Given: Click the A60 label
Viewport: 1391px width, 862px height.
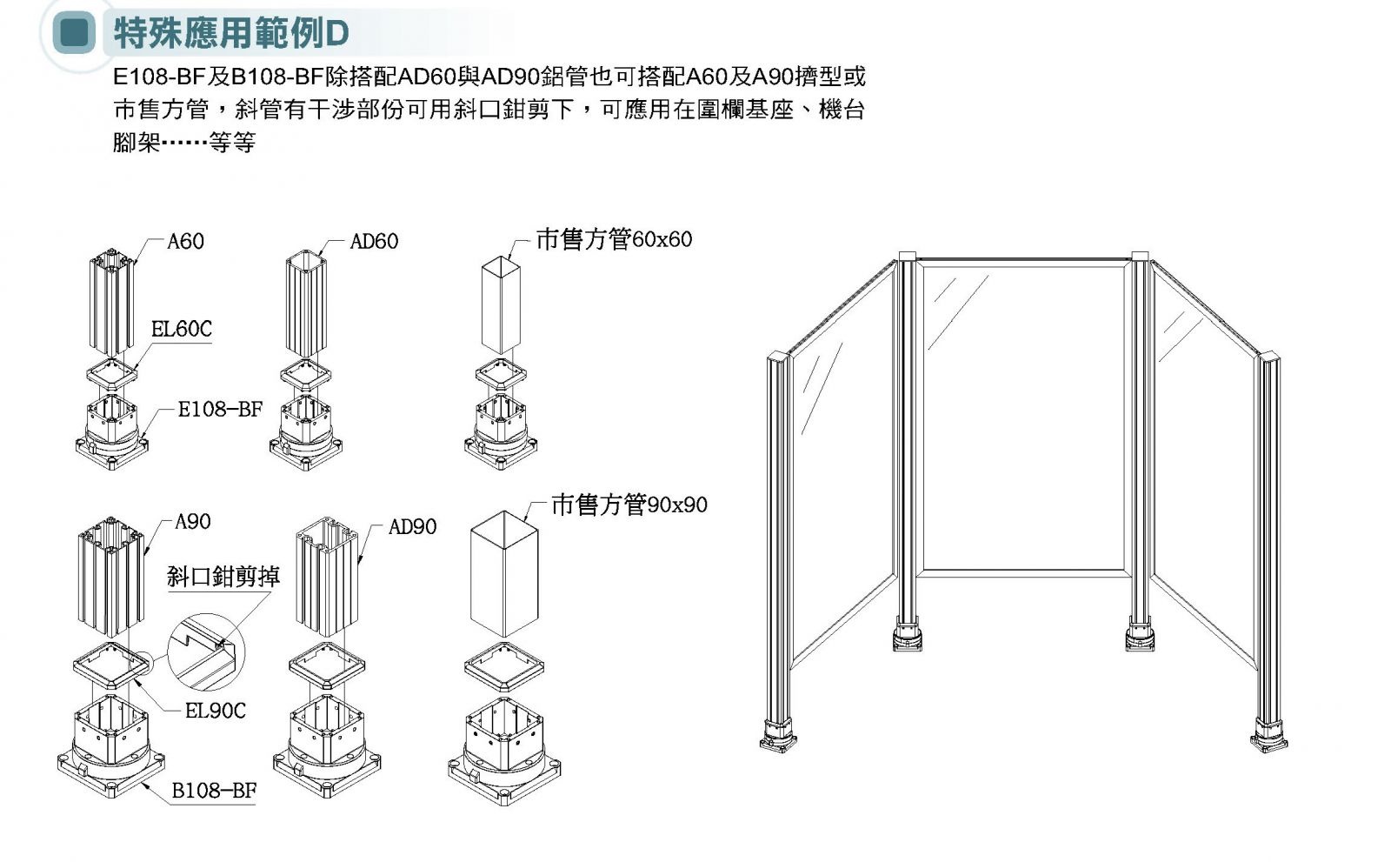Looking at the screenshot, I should (185, 241).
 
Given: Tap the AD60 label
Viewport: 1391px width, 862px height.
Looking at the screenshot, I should (374, 241).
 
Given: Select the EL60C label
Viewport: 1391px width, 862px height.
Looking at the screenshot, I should (181, 329).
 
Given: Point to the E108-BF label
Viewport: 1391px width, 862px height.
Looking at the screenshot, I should (219, 409).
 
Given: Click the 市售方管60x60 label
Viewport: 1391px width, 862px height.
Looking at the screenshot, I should (614, 238).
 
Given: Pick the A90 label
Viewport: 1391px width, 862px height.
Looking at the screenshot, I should (192, 521).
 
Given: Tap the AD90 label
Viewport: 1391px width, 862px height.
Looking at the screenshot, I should (412, 526).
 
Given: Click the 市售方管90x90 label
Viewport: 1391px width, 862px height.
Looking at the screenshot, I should (629, 504).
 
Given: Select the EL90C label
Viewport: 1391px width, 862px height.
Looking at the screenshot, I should (215, 711).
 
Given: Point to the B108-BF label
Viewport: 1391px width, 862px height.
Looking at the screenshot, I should (214, 790).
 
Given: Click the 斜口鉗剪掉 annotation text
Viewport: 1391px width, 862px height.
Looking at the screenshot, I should (223, 576).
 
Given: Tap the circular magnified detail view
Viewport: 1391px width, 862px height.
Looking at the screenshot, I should (206, 653).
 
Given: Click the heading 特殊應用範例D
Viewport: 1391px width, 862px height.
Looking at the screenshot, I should (231, 33).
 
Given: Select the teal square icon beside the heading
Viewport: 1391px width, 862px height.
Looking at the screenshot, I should (74, 33).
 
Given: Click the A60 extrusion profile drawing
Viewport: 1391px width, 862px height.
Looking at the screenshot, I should (114, 299).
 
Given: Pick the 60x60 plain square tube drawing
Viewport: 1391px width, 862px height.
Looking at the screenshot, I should (501, 304).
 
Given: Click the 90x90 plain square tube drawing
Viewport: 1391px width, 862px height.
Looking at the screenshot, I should (504, 574).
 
